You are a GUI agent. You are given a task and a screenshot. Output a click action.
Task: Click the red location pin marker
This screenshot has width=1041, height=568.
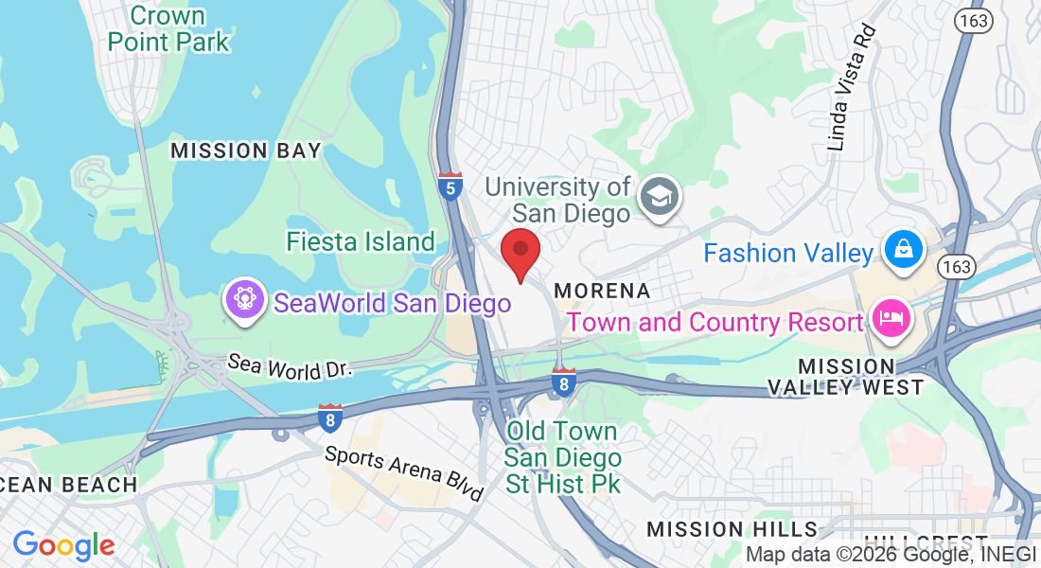click(x=520, y=253)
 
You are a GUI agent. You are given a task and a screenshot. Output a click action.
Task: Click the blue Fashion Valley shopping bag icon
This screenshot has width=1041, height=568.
click(x=904, y=250)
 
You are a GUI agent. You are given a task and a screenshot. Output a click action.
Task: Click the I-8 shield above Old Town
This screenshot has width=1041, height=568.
click(x=564, y=382)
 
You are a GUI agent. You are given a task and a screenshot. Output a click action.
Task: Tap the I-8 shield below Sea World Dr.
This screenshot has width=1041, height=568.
click(x=329, y=417)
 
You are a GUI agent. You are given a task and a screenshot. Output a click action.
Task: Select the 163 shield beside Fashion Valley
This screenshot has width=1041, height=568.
click(x=958, y=266)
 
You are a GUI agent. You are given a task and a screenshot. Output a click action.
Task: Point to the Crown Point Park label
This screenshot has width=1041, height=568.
click(x=168, y=28)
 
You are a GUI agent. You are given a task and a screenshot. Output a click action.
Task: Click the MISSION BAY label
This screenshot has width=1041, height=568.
click(x=246, y=151)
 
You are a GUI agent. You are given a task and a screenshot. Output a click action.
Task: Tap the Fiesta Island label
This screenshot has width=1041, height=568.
click(x=361, y=242)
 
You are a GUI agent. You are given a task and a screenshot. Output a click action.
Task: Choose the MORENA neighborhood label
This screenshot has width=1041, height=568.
click(x=603, y=291)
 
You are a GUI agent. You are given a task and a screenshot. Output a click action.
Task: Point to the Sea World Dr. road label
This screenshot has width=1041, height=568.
click(x=291, y=366)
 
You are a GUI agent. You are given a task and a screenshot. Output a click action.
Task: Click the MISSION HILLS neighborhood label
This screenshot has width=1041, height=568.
click(x=732, y=528)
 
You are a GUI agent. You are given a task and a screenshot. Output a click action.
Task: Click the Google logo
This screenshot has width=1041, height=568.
click(x=63, y=545)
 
